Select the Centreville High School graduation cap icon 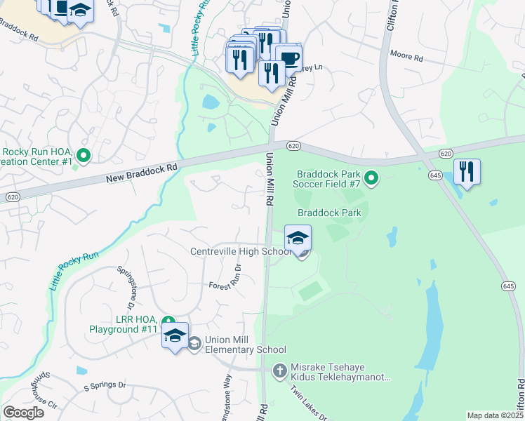(x=298, y=238)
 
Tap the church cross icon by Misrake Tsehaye (x=279, y=369)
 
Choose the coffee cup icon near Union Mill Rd (x=288, y=58)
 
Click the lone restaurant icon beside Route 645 (x=467, y=171)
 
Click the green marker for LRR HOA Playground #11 (x=168, y=322)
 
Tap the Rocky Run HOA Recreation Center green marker (x=84, y=156)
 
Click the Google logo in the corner (x=23, y=413)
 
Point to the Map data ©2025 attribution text (x=496, y=415)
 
